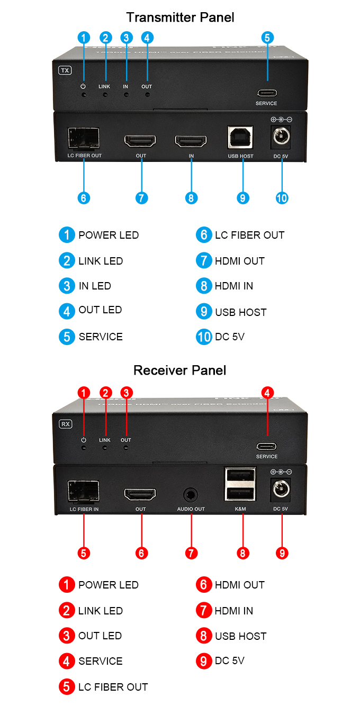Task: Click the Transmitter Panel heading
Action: [180, 17]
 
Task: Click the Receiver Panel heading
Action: [180, 370]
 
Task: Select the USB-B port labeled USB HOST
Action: [240, 137]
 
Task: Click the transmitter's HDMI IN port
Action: [191, 141]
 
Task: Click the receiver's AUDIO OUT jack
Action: [191, 495]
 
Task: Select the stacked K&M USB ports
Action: [240, 485]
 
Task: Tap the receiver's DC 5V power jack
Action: [281, 490]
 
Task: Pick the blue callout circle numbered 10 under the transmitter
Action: [282, 198]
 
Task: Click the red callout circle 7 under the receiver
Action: [191, 553]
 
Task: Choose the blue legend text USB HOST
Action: [241, 312]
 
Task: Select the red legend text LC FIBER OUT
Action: [113, 687]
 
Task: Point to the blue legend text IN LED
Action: [95, 286]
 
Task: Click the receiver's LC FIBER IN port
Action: [84, 491]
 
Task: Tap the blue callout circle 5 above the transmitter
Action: [267, 38]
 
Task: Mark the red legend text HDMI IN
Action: [234, 611]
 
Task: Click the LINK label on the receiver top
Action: [105, 440]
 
